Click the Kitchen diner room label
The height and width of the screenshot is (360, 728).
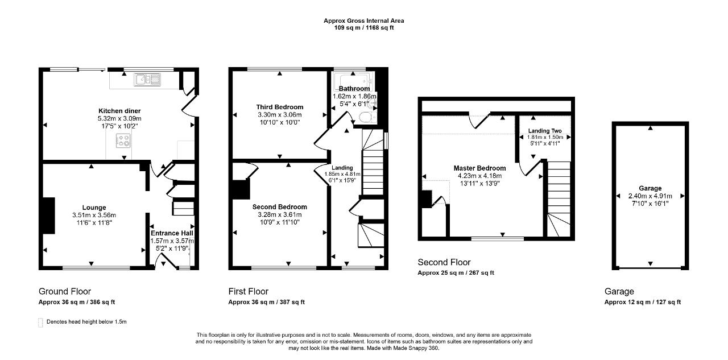click(119, 111)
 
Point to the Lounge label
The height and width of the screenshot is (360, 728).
click(94, 208)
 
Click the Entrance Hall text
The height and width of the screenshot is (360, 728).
click(172, 233)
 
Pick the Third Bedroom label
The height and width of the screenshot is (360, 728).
click(279, 107)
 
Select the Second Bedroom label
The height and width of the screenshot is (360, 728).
click(279, 207)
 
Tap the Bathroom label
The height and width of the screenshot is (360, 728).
click(354, 89)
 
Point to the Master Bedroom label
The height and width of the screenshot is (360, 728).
click(479, 168)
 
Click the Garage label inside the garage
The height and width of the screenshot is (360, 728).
click(650, 188)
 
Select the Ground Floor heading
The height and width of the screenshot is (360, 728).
click(65, 292)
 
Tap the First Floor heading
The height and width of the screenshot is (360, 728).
click(249, 292)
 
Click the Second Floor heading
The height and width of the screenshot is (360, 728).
click(444, 262)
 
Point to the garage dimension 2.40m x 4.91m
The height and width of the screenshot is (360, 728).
click(650, 196)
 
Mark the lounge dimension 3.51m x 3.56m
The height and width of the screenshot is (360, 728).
click(94, 215)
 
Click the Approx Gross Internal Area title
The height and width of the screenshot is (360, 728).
click(364, 20)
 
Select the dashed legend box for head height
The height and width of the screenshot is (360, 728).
click(40, 322)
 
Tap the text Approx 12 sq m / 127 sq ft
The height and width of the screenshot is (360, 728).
click(642, 302)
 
